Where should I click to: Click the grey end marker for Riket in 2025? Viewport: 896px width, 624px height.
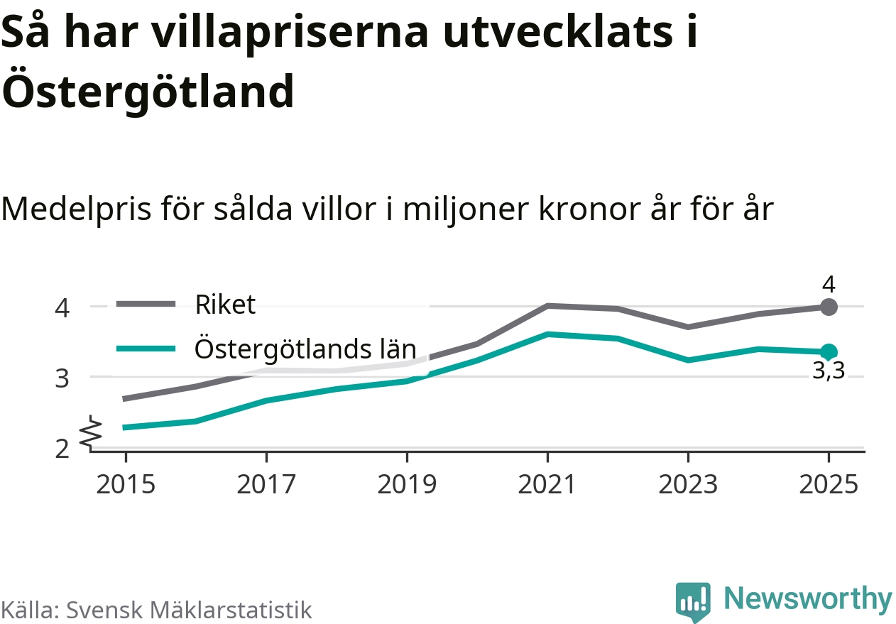(x=829, y=307)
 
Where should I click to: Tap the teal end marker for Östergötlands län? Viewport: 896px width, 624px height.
(x=829, y=351)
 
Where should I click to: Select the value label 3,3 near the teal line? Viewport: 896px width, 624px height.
(x=829, y=371)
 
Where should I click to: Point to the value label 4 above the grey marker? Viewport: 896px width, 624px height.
(x=829, y=285)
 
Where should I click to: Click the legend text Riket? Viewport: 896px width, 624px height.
(x=225, y=305)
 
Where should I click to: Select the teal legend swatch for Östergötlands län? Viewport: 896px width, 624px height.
(x=146, y=348)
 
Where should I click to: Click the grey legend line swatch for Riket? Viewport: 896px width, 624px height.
(x=146, y=305)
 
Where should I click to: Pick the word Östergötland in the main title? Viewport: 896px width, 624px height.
(x=148, y=91)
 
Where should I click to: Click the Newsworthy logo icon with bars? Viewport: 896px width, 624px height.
(x=692, y=601)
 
